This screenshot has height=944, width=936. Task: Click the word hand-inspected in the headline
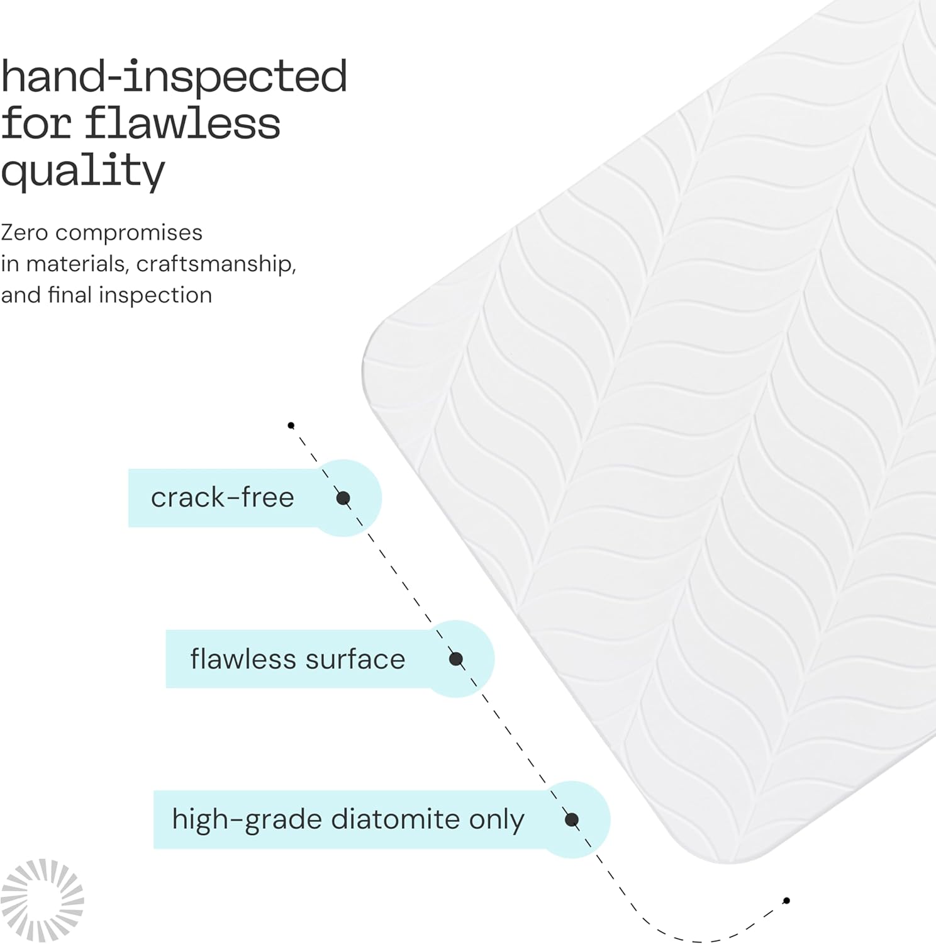click(x=174, y=77)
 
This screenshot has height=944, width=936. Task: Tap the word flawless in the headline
click(x=182, y=123)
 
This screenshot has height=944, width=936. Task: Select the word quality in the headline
click(x=82, y=171)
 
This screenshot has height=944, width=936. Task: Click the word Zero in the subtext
click(x=25, y=233)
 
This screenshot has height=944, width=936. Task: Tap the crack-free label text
click(x=222, y=498)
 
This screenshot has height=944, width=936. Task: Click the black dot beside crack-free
click(x=343, y=498)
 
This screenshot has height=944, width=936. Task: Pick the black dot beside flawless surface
click(x=456, y=659)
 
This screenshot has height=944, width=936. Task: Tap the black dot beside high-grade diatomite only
click(x=572, y=819)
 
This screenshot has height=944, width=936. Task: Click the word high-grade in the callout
click(x=247, y=820)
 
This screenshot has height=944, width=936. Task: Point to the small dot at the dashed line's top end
click(x=291, y=425)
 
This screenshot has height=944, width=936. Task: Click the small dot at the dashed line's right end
click(x=786, y=901)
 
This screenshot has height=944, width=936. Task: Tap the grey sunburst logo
click(x=42, y=900)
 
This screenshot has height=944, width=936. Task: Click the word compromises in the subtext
click(x=128, y=233)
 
